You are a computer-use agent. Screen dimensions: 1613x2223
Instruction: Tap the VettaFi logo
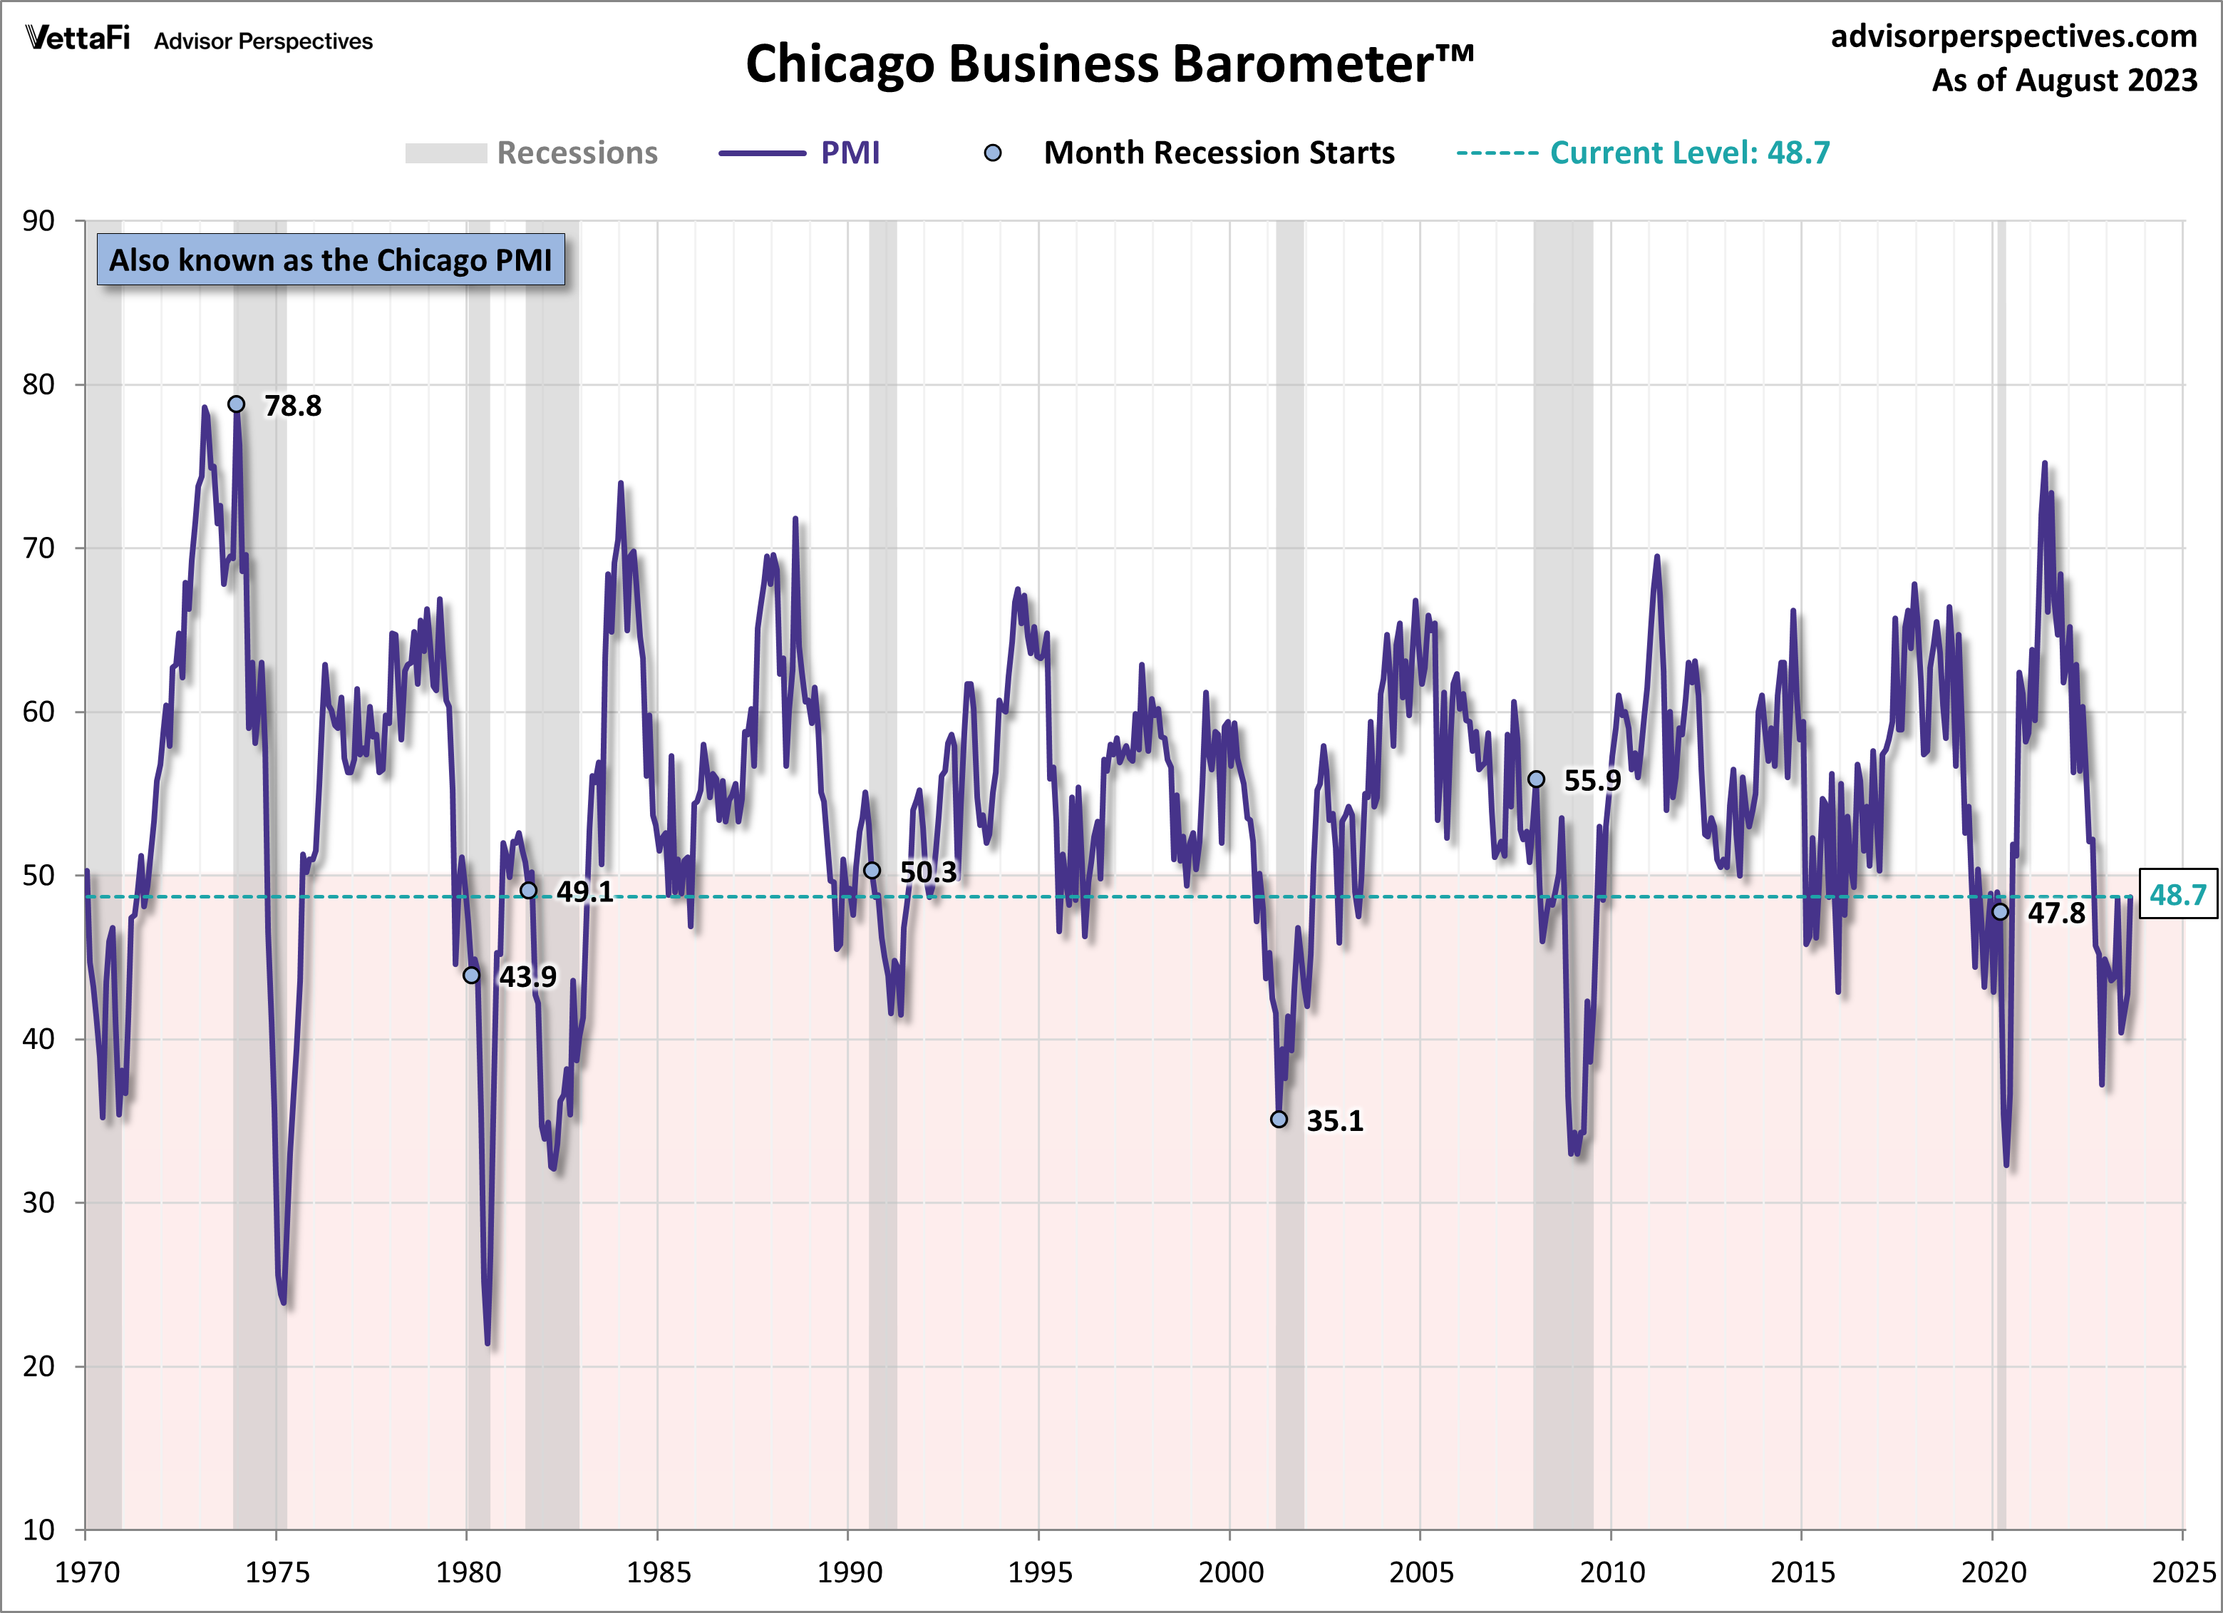pyautogui.click(x=78, y=39)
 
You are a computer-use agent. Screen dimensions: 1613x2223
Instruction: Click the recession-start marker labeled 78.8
pyautogui.click(x=236, y=404)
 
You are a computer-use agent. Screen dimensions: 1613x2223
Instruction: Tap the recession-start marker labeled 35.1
pyautogui.click(x=1279, y=1119)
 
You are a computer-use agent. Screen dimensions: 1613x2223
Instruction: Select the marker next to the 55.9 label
pyautogui.click(x=1536, y=779)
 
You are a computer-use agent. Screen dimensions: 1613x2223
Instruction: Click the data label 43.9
pyautogui.click(x=527, y=977)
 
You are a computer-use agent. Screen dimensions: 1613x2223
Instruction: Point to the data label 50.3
pyautogui.click(x=927, y=871)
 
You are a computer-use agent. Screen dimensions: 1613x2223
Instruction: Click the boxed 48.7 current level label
pyautogui.click(x=2177, y=894)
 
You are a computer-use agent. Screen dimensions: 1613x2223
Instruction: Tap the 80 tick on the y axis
pyautogui.click(x=38, y=384)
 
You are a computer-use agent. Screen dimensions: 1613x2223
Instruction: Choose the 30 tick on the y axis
pyautogui.click(x=38, y=1202)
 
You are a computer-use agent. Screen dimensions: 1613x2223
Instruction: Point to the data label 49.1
pyautogui.click(x=584, y=891)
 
